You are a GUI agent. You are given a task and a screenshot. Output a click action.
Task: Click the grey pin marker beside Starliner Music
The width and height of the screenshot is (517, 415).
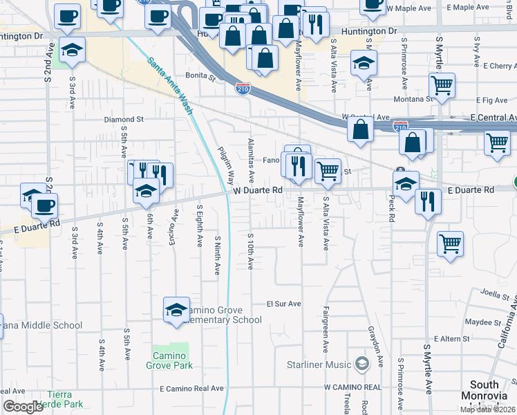[361, 364]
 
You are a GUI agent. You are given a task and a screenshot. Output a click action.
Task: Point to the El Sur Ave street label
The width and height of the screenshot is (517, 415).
[284, 304]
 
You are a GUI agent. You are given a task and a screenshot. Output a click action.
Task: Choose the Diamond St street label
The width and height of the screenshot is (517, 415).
[124, 119]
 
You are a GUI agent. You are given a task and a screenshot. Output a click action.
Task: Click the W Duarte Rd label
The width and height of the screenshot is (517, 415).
[258, 190]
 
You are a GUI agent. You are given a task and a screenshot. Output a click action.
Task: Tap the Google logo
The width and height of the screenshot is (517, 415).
[23, 407]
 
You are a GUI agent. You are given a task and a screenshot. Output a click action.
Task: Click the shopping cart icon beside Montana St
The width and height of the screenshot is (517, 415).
[442, 86]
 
